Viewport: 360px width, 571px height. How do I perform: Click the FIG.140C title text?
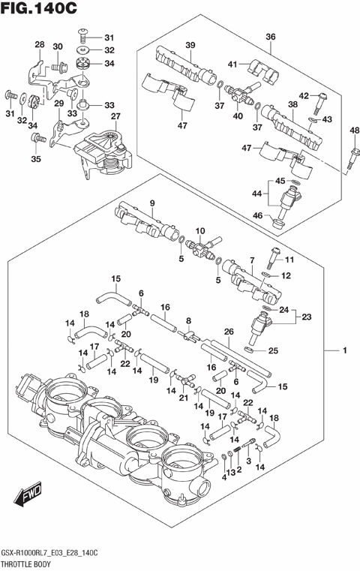tap(39, 11)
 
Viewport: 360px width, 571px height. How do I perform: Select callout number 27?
tap(115, 116)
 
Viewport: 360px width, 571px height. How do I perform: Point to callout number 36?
tap(271, 36)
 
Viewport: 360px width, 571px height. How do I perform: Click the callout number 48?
tap(353, 132)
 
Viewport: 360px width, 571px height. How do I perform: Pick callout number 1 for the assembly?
tap(346, 351)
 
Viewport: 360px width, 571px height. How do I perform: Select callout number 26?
tap(229, 332)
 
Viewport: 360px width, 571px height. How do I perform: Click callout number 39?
tap(190, 46)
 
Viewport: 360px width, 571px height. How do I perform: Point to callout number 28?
tap(40, 46)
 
